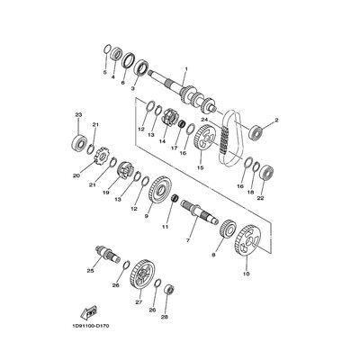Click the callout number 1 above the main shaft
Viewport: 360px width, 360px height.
185,69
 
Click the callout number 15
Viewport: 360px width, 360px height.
200,167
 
